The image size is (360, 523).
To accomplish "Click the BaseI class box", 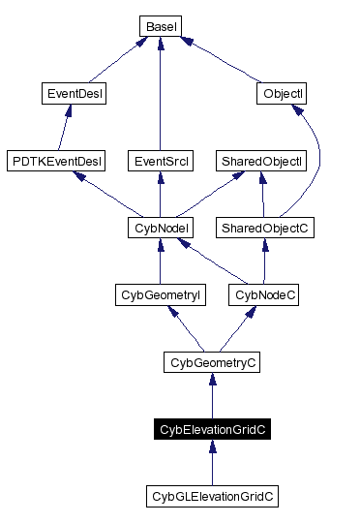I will (159, 26).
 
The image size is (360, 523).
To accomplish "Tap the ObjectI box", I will (284, 94).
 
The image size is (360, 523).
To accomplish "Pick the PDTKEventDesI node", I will (55, 161).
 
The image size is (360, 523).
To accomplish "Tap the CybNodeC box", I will (263, 295).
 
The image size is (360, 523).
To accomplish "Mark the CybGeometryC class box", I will (212, 363).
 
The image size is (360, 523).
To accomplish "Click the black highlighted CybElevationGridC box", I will (212, 430).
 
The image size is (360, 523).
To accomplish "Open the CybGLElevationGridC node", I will (212, 497).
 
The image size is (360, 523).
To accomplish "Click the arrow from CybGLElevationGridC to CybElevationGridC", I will (212, 465).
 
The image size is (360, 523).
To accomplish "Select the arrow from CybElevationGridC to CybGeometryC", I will (212, 397).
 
